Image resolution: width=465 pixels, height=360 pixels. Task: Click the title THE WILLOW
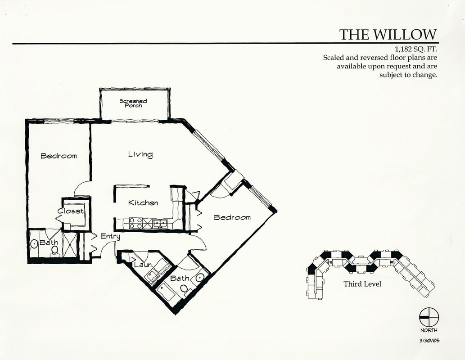388,34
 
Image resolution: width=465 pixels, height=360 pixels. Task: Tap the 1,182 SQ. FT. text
416,49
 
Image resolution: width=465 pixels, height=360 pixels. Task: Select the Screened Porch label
133,103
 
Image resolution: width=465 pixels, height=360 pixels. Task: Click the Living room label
140,154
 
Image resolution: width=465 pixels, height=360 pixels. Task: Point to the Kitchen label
143,203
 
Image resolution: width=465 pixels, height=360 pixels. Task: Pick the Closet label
70,211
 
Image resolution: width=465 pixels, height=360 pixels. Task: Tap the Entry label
110,237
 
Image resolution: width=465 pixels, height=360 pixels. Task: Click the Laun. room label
143,265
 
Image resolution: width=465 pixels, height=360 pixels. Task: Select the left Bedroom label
59,156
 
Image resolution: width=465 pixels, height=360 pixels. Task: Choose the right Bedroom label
232,217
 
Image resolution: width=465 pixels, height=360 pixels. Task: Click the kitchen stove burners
136,223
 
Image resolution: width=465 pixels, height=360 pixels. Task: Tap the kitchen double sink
160,223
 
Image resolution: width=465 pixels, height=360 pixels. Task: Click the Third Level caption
362,284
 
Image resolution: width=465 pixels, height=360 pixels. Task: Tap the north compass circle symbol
429,317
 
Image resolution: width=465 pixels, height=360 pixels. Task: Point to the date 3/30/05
429,341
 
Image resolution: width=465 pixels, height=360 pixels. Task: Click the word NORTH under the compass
429,330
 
